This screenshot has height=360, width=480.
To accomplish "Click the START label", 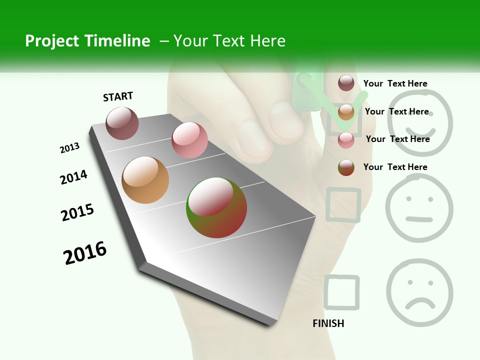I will (118, 96).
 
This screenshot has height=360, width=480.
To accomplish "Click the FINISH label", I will (328, 323).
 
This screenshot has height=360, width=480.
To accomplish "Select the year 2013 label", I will (69, 148).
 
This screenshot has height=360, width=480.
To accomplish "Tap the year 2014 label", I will (73, 177).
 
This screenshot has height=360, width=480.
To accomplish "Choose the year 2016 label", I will (85, 253).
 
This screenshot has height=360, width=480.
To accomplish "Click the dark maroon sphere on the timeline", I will (122, 123).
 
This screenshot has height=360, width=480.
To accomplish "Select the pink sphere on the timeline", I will (189, 140).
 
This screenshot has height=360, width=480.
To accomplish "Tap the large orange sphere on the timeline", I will (145, 180).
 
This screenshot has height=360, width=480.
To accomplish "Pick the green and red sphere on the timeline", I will (216, 207).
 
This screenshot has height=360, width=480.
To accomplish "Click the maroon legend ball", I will (346, 83).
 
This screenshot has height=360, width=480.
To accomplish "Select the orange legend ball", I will (346, 112).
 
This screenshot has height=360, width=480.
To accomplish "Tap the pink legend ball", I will (346, 140).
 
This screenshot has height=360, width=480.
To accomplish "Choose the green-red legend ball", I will (346, 167).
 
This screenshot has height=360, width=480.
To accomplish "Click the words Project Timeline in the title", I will (87, 41).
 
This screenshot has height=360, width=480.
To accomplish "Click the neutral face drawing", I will (419, 208).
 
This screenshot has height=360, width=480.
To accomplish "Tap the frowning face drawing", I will (419, 292).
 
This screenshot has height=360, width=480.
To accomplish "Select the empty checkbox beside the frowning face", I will (341, 292).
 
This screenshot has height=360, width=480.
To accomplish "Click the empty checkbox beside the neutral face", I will (343, 204).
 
